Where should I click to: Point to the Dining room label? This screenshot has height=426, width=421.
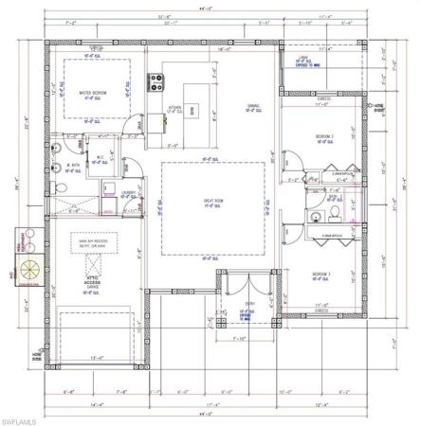(254, 106)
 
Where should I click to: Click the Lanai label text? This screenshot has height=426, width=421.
(303, 57)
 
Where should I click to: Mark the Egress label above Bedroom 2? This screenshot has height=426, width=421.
(322, 97)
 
